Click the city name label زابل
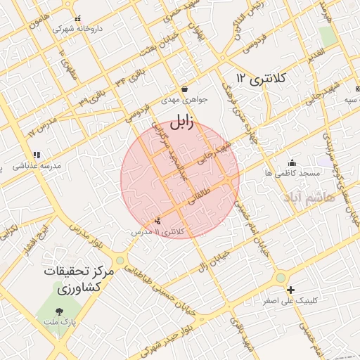pyautogui.click(x=180, y=122)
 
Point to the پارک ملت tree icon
pyautogui.click(x=58, y=311)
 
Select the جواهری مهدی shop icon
pyautogui.click(x=184, y=89)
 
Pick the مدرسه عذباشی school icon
pyautogui.click(x=37, y=155)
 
